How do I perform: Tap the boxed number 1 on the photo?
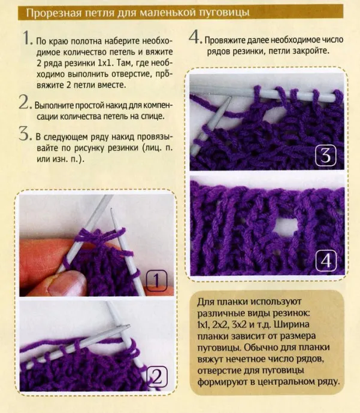pyautogui.click(x=156, y=280)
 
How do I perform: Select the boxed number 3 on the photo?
pyautogui.click(x=326, y=156)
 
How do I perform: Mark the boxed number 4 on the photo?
pyautogui.click(x=326, y=261)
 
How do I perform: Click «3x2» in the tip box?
pyautogui.click(x=239, y=324)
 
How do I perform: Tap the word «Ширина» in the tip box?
pyautogui.click(x=292, y=324)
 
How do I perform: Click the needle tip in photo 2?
pyautogui.click(x=129, y=326)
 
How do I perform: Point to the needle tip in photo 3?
pyautogui.click(x=231, y=97)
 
